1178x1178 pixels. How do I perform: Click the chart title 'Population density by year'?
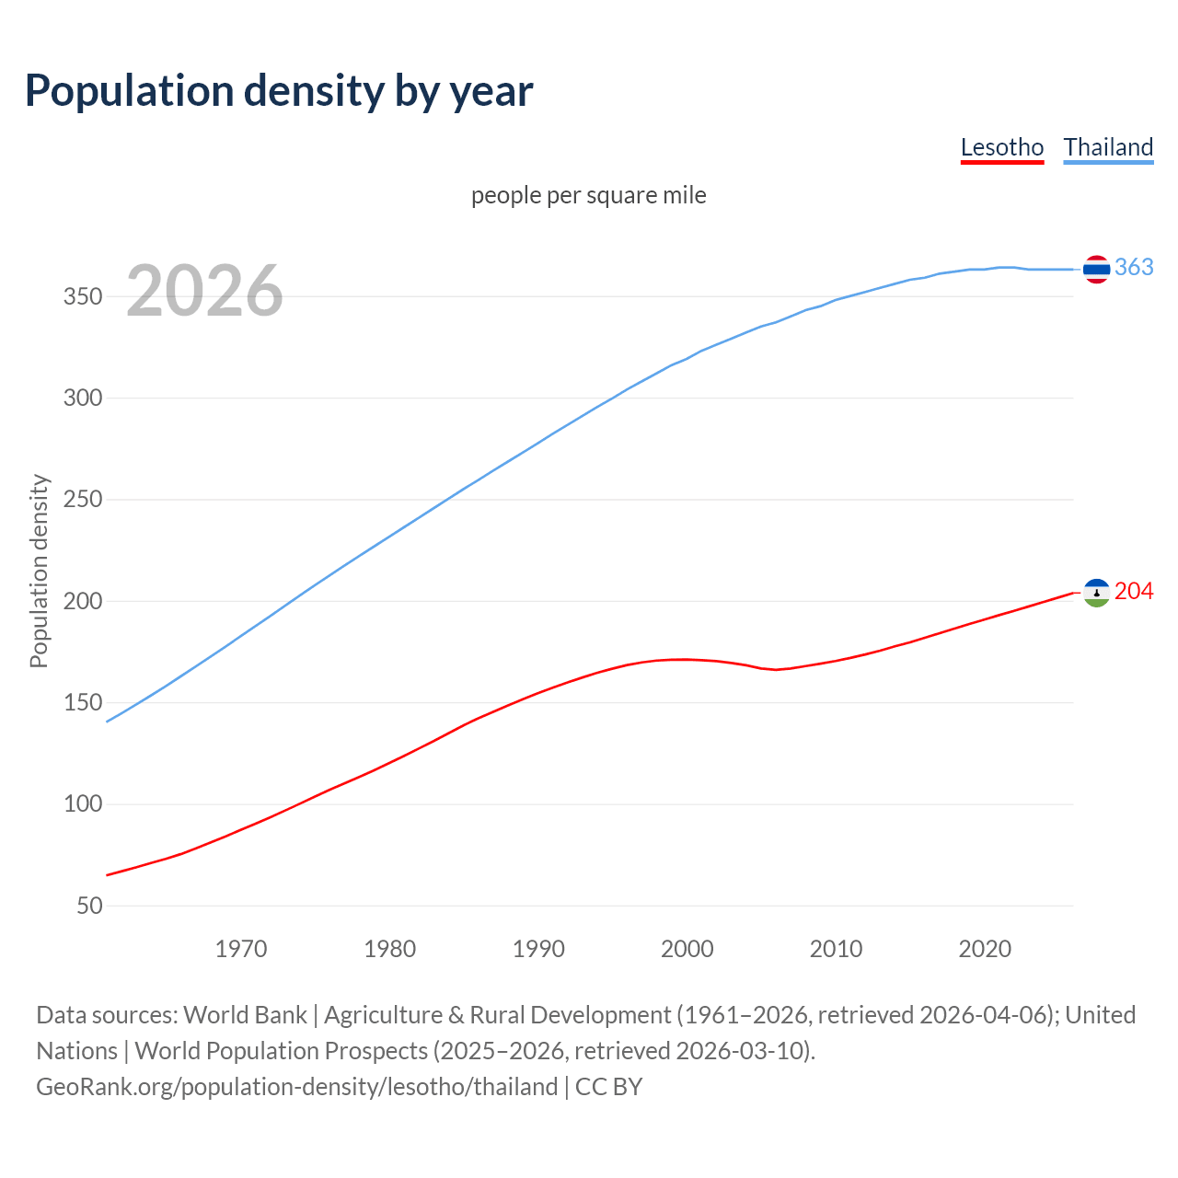pos(279,91)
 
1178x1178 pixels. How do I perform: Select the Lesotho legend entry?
pos(1001,147)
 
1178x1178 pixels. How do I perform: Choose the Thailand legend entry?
pos(1108,147)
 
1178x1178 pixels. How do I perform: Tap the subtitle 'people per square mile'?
pos(589,195)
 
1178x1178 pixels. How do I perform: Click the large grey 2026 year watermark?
pos(204,291)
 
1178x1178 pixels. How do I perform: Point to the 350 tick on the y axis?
pos(83,297)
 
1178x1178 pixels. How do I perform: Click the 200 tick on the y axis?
pos(83,602)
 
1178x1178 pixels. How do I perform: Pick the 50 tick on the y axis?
pos(89,907)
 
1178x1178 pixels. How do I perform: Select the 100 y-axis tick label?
pos(83,804)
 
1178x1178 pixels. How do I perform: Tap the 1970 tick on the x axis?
pos(241,949)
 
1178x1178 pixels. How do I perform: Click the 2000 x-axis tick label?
pos(687,949)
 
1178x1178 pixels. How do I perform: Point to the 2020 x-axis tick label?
pos(985,949)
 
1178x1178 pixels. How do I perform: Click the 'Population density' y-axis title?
pos(39,571)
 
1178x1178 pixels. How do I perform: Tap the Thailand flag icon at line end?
pos(1096,269)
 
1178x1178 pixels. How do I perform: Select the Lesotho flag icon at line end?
pos(1096,593)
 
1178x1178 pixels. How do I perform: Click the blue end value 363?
pos(1134,267)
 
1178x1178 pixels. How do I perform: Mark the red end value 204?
pos(1134,591)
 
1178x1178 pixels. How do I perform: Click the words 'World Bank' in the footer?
pos(245,1015)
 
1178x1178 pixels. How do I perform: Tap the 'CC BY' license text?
pos(608,1087)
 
